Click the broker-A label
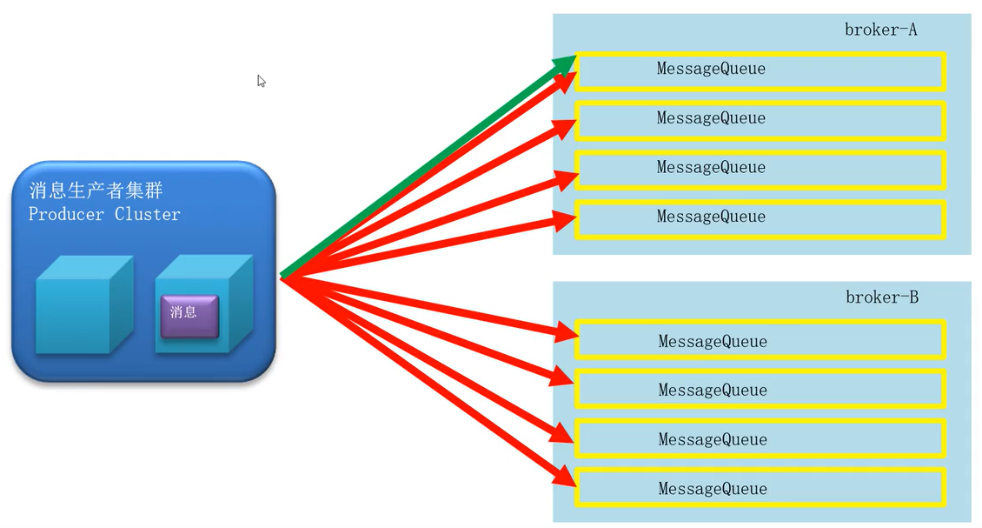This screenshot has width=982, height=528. pyautogui.click(x=880, y=30)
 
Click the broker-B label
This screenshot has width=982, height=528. pyautogui.click(x=881, y=297)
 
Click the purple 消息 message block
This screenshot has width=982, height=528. pyautogui.click(x=189, y=315)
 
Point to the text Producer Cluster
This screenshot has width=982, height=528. pyautogui.click(x=104, y=215)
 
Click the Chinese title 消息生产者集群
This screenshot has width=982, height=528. pyautogui.click(x=96, y=190)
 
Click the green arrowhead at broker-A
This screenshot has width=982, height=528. pyautogui.click(x=567, y=63)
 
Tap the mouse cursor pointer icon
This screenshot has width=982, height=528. pyautogui.click(x=261, y=81)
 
